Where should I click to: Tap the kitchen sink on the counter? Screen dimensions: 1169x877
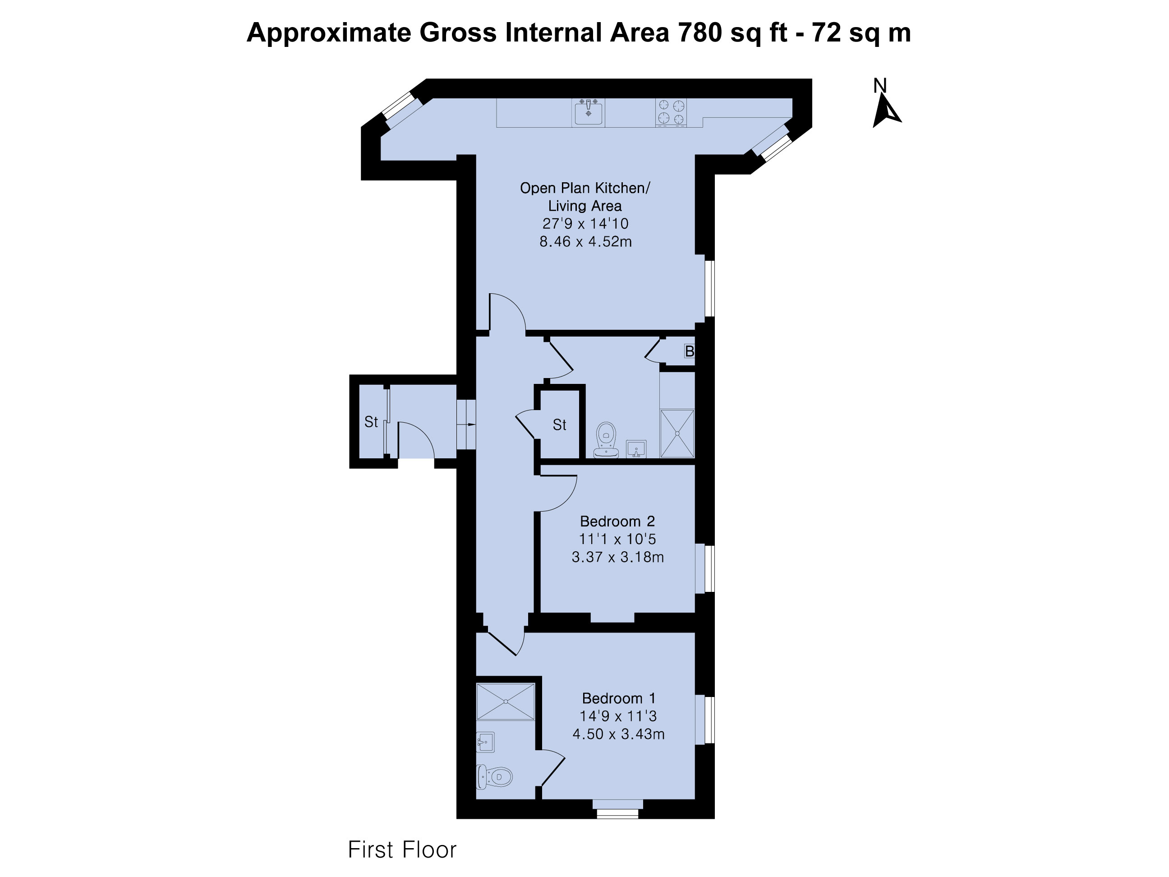(x=588, y=112)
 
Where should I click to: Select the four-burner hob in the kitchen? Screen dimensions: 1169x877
(x=671, y=112)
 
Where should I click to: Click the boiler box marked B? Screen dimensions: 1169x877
(x=689, y=351)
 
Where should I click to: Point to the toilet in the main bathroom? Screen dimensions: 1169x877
(x=606, y=440)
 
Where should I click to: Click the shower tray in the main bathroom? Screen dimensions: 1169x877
(x=677, y=434)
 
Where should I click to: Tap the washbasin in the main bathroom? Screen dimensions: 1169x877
(x=636, y=449)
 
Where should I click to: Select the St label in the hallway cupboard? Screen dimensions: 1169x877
(x=559, y=425)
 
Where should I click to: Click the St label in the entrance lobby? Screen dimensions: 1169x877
(x=371, y=422)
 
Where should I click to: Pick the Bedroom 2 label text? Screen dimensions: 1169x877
(x=617, y=521)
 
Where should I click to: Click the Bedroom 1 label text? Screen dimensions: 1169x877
(x=618, y=698)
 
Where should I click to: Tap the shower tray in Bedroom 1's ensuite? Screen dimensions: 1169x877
(x=506, y=702)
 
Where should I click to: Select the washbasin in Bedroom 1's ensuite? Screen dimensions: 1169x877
(x=485, y=742)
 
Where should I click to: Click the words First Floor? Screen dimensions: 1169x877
(x=402, y=850)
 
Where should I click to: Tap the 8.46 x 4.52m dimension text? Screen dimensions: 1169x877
(x=585, y=242)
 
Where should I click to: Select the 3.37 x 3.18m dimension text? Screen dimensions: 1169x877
(x=618, y=557)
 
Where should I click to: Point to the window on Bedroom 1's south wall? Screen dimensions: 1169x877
(x=618, y=809)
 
